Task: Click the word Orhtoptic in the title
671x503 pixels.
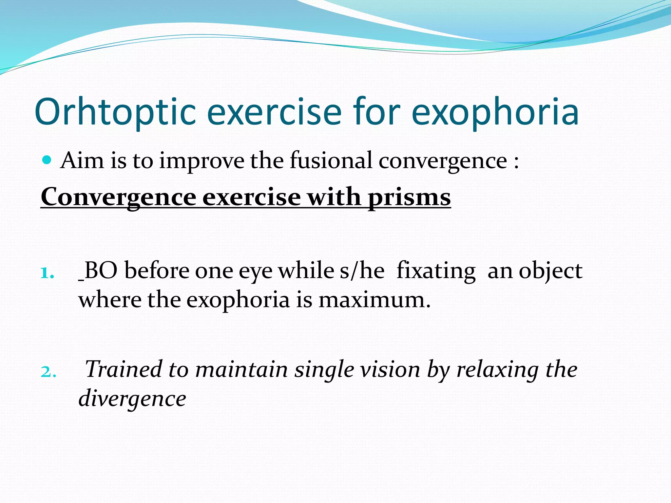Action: pyautogui.click(x=115, y=112)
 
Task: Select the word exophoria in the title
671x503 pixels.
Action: pyautogui.click(x=495, y=112)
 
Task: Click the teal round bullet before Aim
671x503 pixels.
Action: pyautogui.click(x=48, y=160)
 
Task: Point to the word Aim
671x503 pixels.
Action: pyautogui.click(x=82, y=161)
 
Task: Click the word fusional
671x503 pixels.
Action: pyautogui.click(x=331, y=161)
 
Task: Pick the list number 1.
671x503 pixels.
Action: pyautogui.click(x=47, y=272)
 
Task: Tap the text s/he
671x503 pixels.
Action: pyautogui.click(x=362, y=271)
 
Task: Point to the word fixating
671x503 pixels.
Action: pyautogui.click(x=436, y=271)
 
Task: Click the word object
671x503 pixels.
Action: pyautogui.click(x=550, y=271)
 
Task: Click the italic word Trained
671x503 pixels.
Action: pyautogui.click(x=123, y=369)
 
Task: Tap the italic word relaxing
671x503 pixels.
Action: pyautogui.click(x=498, y=369)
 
